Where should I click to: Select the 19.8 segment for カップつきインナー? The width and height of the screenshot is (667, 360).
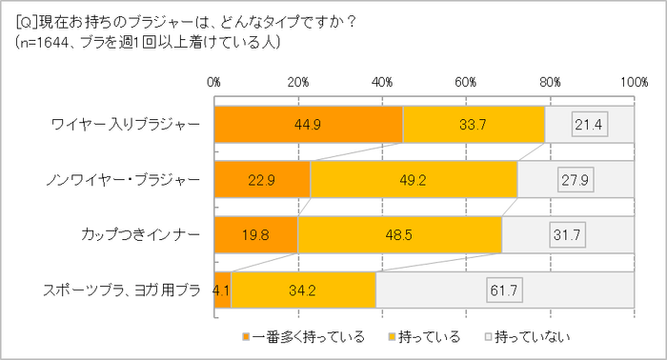tap(255, 234)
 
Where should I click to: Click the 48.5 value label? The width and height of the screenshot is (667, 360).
tap(399, 234)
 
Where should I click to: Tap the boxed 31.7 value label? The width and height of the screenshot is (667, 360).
tap(568, 234)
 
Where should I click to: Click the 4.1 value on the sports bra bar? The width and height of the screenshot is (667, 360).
tap(222, 290)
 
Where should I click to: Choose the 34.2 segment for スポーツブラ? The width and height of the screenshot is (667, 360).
tap(303, 290)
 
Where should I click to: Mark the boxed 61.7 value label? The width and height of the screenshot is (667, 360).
tap(505, 290)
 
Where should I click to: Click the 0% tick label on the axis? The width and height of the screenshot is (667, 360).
tap(214, 83)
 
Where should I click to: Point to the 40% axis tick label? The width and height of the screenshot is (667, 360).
tap(383, 83)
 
